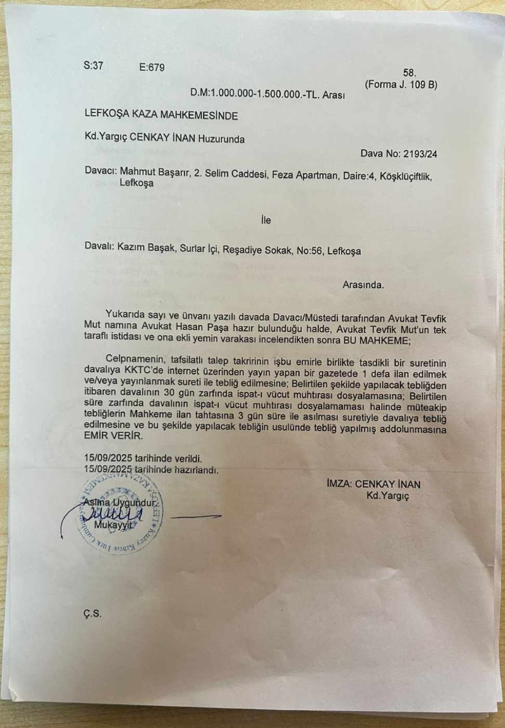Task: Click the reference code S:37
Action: pyautogui.click(x=93, y=66)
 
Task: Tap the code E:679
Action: pyautogui.click(x=152, y=68)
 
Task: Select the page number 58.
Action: pyautogui.click(x=410, y=73)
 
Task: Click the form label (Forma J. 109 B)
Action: pyautogui.click(x=400, y=84)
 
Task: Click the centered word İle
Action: pyautogui.click(x=266, y=220)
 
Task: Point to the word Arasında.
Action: pyautogui.click(x=363, y=284)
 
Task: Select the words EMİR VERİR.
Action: pyautogui.click(x=113, y=437)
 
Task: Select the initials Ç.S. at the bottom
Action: pyautogui.click(x=92, y=614)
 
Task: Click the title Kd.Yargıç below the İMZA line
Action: pyautogui.click(x=387, y=496)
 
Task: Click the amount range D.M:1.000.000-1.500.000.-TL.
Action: pyautogui.click(x=255, y=94)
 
